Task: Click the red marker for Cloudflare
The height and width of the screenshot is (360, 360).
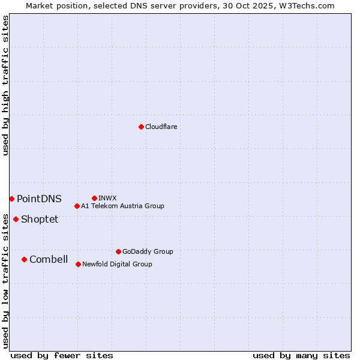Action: (x=141, y=127)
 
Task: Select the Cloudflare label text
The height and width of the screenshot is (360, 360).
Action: (x=161, y=127)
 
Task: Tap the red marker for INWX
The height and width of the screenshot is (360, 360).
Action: (x=94, y=198)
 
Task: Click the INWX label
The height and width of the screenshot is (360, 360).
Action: (x=107, y=199)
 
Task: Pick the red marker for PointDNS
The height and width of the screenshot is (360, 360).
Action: (x=11, y=199)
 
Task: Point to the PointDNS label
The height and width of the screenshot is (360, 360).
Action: (x=39, y=199)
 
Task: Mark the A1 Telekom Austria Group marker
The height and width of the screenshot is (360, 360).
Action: (x=77, y=206)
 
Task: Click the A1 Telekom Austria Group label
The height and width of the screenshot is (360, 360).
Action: (x=122, y=206)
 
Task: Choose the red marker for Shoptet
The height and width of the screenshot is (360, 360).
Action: (x=16, y=219)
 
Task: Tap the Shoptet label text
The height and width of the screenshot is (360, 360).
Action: (x=40, y=220)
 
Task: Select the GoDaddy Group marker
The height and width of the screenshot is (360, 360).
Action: (x=118, y=251)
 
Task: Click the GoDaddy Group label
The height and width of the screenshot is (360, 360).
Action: (x=148, y=252)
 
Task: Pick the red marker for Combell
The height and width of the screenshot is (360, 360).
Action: (x=24, y=259)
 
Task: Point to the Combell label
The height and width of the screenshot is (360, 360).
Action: (x=49, y=260)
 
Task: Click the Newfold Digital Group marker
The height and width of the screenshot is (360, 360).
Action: (x=78, y=264)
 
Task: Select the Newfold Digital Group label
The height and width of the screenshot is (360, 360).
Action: (x=117, y=265)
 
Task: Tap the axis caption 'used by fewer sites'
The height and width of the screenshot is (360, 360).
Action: (x=62, y=355)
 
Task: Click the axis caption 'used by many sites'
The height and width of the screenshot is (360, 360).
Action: (x=301, y=355)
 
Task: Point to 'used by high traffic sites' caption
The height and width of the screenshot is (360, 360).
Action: (x=6, y=86)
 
